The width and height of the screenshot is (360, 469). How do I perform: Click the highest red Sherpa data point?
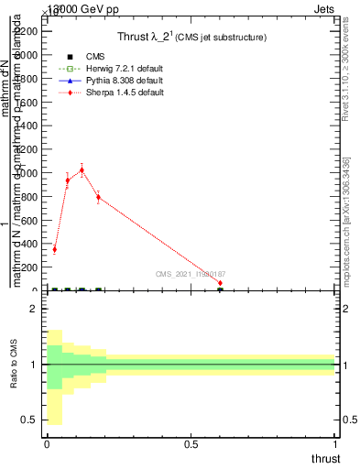pos(82,169)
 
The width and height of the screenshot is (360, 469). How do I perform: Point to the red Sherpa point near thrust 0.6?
pos(220,283)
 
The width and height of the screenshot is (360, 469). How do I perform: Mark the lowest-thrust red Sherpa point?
pos(54,249)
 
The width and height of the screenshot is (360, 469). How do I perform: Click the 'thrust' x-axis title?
pos(324,458)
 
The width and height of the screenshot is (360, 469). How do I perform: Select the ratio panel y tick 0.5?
pos(28,420)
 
